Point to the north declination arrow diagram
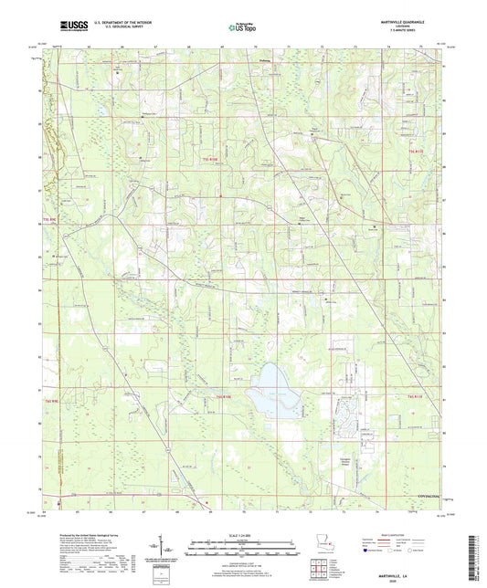pyautogui.click(x=171, y=551)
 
